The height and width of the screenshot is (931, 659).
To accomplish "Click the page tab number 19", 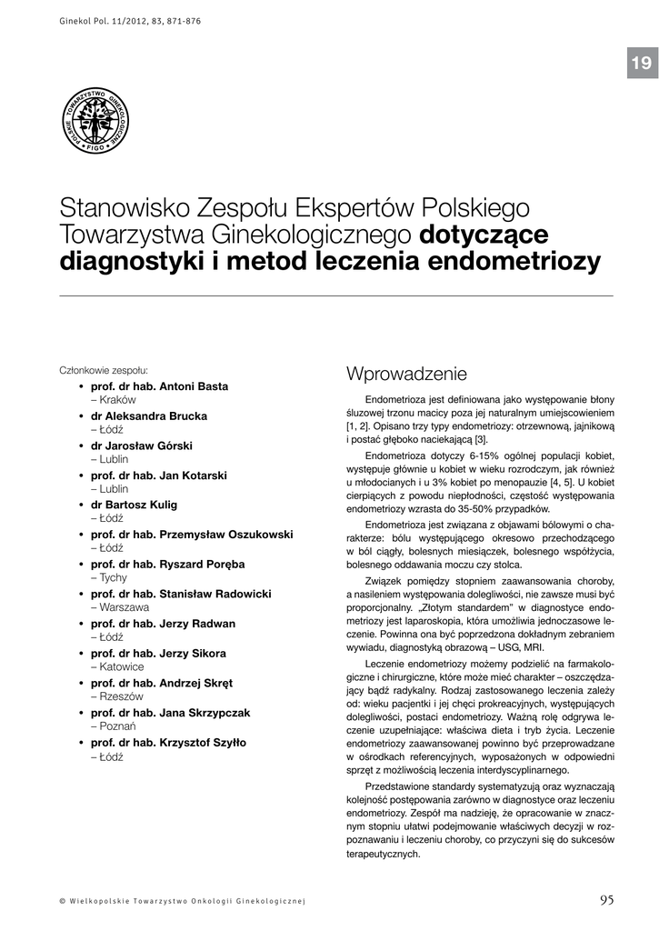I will pyautogui.click(x=640, y=63).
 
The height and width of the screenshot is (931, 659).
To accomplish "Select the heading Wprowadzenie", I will pyautogui.click(x=406, y=374).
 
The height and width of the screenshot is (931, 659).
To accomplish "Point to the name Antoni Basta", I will pyautogui.click(x=194, y=385).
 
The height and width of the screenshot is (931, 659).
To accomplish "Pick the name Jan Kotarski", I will pyautogui.click(x=193, y=475).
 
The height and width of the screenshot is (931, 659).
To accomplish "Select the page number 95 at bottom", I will pyautogui.click(x=606, y=899).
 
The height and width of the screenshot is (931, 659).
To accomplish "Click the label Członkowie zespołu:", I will pyautogui.click(x=104, y=371).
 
